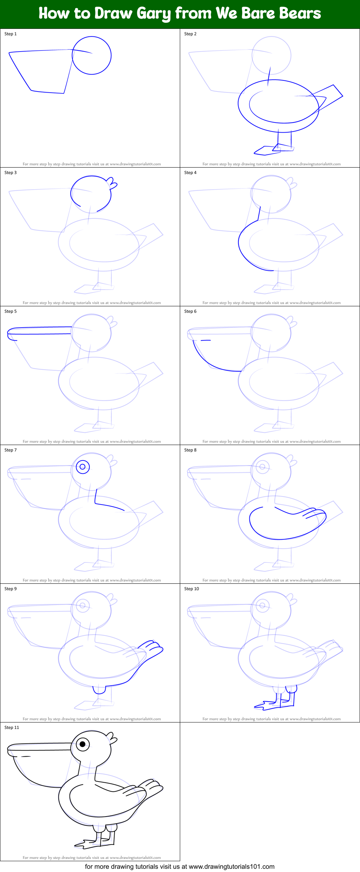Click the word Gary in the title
coord(154,14)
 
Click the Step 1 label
coord(10,34)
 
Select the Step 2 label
coord(190,34)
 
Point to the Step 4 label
coord(190,173)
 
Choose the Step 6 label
coord(190,311)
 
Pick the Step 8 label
coord(190,450)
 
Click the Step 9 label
coord(10,589)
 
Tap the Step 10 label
coord(191,589)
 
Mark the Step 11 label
coord(12,728)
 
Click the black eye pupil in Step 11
coord(83,744)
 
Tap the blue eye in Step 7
coord(83,467)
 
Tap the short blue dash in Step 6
coord(205,340)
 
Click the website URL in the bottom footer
coord(231,867)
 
